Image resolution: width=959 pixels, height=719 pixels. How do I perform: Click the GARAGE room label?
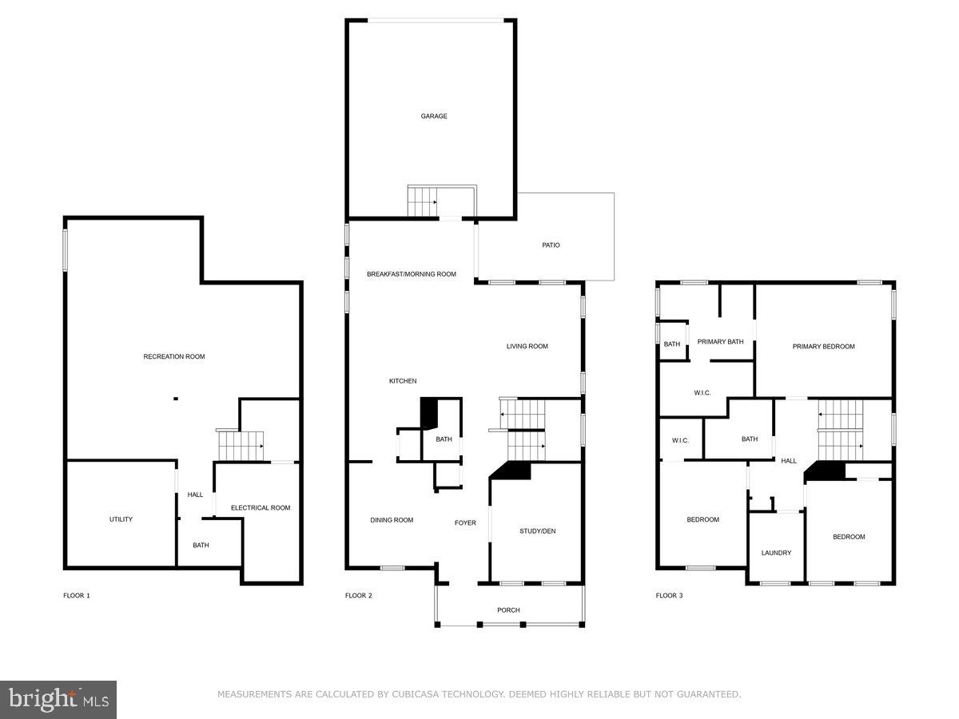click(434, 117)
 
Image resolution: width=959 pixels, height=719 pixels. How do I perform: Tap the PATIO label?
click(551, 245)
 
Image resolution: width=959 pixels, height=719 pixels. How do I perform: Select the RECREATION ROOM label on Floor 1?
click(173, 356)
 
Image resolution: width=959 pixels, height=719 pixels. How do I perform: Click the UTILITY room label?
click(121, 519)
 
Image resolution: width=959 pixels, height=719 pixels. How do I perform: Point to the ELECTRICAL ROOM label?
click(261, 508)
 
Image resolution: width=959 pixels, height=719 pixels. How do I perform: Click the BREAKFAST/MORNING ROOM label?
click(411, 274)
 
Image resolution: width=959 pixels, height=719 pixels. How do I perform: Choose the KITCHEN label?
click(403, 381)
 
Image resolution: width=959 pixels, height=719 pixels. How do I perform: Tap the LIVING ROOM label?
click(527, 347)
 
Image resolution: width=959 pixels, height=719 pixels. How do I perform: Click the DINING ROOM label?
click(392, 521)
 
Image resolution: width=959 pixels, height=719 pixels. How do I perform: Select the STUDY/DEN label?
click(537, 531)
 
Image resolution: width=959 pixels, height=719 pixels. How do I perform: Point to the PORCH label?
click(508, 610)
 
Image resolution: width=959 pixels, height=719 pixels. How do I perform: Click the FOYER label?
click(465, 523)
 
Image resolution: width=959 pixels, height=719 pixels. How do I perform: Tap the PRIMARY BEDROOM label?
click(823, 347)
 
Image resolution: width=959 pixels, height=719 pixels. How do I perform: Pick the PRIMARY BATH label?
click(720, 342)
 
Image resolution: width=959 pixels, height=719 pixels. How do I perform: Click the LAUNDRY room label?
click(776, 553)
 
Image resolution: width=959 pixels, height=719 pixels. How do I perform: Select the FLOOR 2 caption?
click(359, 596)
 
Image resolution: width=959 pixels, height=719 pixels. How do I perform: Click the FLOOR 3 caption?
click(670, 596)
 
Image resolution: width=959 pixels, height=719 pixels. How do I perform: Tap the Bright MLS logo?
click(58, 700)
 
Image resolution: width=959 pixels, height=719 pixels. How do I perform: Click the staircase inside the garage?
click(422, 201)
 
